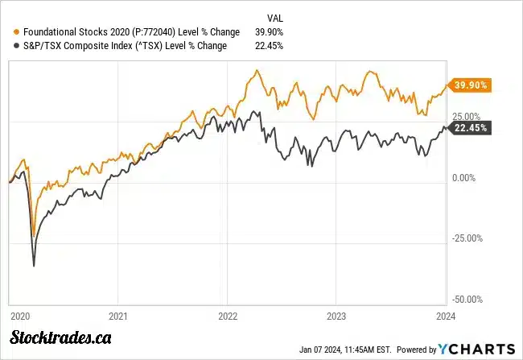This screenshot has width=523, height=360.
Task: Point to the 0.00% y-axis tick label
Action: pyautogui.click(x=466, y=177)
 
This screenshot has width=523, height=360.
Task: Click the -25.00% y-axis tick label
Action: pyautogui.click(x=468, y=238)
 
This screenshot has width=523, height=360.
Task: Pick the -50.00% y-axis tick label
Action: pyautogui.click(x=468, y=299)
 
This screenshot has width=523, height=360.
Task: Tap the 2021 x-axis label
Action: pyautogui.click(x=118, y=316)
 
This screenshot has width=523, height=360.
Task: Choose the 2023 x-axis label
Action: pyautogui.click(x=337, y=316)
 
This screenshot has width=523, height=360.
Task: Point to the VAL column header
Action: pyautogui.click(x=274, y=17)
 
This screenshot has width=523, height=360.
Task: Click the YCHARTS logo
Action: pyautogui.click(x=476, y=349)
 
